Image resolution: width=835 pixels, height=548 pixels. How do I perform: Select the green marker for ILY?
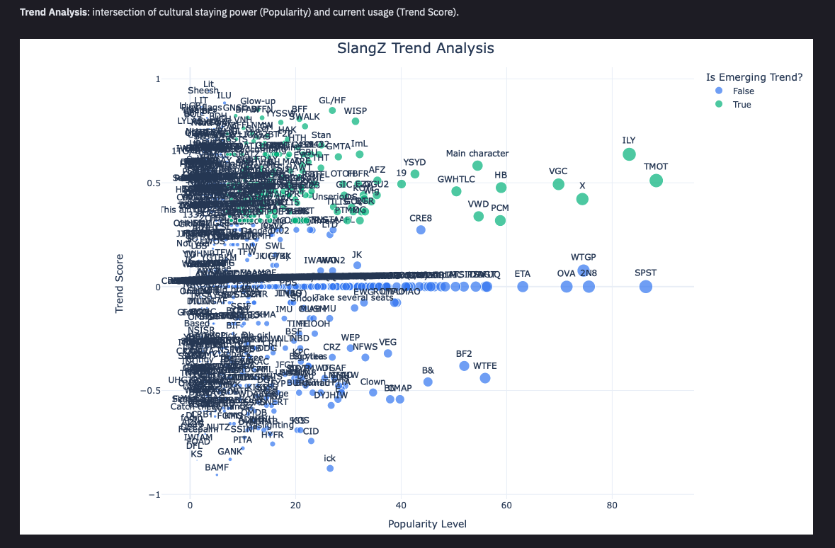629,154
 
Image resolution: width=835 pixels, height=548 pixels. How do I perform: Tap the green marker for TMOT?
656,181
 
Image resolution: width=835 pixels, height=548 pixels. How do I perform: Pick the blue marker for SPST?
645,287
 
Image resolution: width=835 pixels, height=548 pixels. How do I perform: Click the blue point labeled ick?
330,468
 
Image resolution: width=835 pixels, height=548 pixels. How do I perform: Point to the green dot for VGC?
558,184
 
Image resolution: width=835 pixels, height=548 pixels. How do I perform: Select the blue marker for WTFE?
485,378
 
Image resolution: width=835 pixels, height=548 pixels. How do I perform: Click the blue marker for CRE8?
421,229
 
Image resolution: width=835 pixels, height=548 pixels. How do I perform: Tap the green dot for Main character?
477,166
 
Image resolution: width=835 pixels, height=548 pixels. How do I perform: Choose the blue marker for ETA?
523,287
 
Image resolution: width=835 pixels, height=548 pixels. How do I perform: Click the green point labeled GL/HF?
332,110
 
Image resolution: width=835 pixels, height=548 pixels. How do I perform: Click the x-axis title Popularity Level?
427,524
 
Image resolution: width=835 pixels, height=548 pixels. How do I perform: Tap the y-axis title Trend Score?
120,284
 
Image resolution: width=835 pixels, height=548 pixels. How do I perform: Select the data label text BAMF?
217,467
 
